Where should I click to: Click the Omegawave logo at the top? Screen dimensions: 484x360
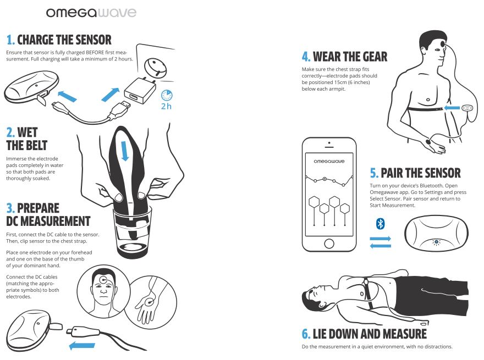[91, 13]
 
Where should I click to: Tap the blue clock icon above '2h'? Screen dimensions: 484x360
[167, 95]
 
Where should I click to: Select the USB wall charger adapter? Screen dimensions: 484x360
[140, 90]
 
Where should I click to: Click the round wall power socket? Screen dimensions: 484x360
[155, 67]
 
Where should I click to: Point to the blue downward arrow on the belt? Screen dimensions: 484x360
[125, 151]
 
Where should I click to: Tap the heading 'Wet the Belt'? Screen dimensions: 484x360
[26, 139]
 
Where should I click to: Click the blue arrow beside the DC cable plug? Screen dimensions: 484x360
[82, 346]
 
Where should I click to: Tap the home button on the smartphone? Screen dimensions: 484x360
[329, 243]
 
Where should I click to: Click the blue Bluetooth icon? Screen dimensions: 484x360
[380, 224]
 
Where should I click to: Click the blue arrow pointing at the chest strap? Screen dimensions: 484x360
[452, 108]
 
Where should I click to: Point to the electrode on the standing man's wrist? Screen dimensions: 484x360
[428, 142]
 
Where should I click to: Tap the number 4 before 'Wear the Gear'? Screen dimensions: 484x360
[305, 57]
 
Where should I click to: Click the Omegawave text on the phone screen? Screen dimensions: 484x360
[329, 161]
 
